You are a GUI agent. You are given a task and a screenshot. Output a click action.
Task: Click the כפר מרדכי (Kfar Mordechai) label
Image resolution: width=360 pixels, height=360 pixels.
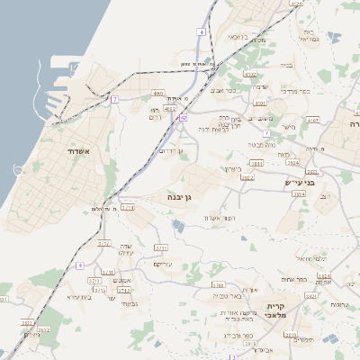pyautogui.click(x=293, y=92)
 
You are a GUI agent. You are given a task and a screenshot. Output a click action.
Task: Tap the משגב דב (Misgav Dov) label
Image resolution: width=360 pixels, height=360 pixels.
pyautogui.click(x=260, y=119)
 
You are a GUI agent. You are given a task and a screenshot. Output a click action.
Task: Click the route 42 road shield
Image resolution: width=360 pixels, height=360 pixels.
pyautogui.click(x=183, y=117)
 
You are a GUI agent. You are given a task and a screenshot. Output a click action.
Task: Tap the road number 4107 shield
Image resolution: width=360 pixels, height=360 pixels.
pyautogui.click(x=312, y=119)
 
